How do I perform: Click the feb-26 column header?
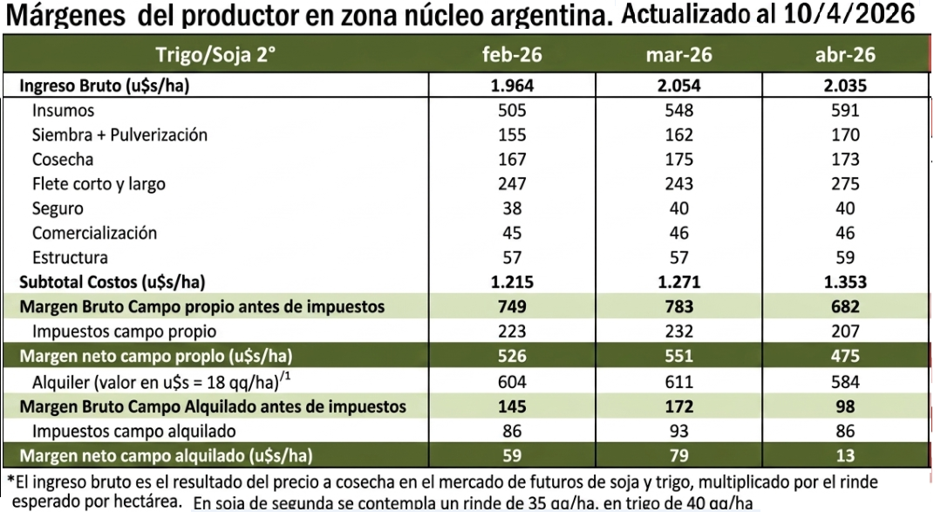point(512,55)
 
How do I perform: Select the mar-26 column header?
point(678,55)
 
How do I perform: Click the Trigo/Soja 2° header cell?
point(215,55)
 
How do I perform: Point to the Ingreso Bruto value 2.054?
point(678,85)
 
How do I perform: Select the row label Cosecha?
point(63,160)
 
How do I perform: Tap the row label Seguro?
point(58,208)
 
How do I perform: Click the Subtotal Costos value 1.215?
point(512,282)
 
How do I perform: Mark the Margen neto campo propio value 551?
point(678,356)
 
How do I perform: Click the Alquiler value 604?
point(512,381)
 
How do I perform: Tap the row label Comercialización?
point(94,233)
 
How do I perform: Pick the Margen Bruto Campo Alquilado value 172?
point(678,406)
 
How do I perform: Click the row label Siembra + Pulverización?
point(119,135)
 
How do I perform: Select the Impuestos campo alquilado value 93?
point(678,431)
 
